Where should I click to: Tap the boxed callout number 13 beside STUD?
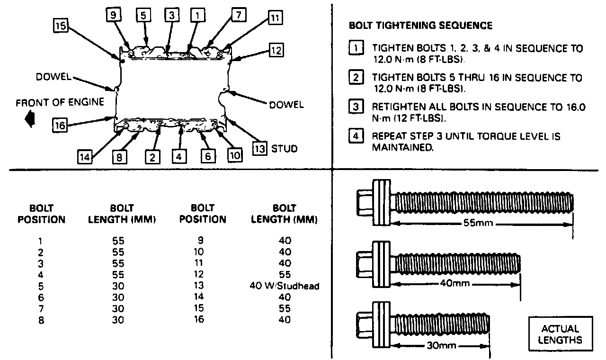[260, 148]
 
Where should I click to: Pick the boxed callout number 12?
[276, 50]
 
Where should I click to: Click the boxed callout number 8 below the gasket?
[119, 157]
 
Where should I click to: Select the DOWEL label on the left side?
[53, 77]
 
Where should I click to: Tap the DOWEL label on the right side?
[286, 104]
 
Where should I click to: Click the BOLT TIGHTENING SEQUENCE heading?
[420, 26]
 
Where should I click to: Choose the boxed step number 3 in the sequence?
[356, 107]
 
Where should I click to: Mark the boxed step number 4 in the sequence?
[356, 137]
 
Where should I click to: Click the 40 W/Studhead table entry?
[285, 286]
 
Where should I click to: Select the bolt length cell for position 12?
[285, 274]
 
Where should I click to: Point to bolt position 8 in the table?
[41, 319]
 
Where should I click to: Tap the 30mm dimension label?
[441, 346]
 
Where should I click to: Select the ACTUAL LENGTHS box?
[560, 334]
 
